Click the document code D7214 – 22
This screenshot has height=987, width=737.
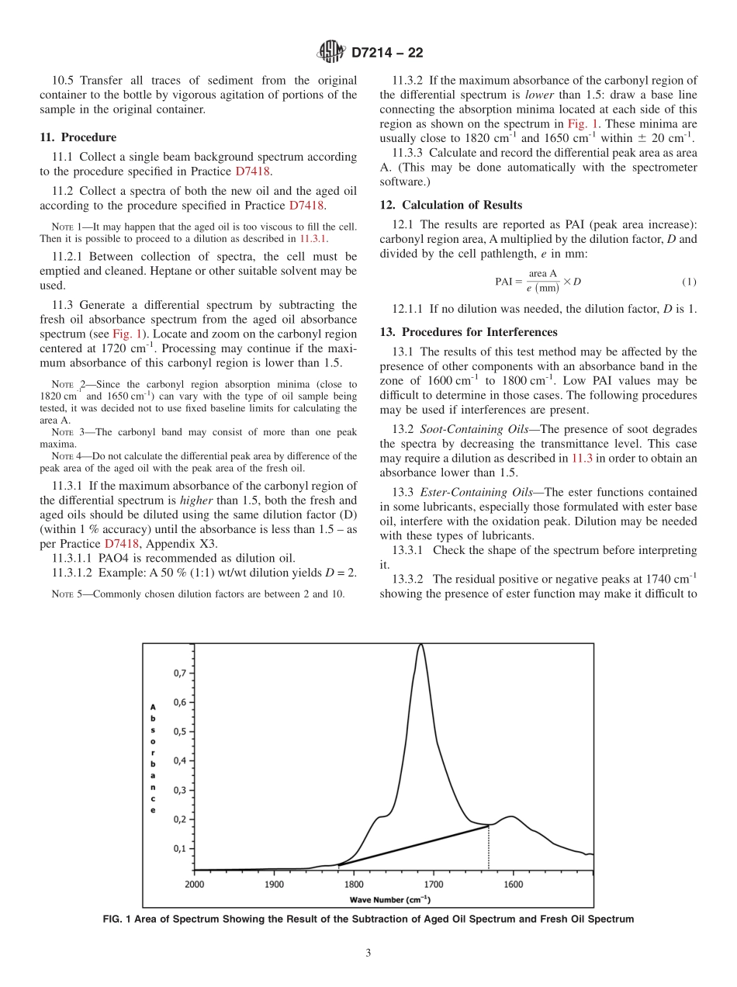point(387,54)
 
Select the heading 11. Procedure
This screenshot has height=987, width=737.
point(78,137)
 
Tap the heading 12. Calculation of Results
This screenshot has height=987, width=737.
point(451,205)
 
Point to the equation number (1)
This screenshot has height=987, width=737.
point(688,282)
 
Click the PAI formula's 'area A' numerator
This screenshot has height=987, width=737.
point(542,274)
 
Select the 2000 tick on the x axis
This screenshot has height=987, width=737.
point(194,884)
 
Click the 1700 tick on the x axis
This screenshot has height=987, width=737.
point(433,884)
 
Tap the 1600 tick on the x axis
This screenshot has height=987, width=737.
point(513,884)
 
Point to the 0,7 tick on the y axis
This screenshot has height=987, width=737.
point(178,673)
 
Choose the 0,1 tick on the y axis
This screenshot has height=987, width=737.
point(178,848)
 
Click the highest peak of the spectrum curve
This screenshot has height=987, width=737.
point(420,644)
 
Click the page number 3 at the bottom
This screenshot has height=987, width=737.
point(368,954)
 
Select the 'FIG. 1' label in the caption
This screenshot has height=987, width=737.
point(118,919)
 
